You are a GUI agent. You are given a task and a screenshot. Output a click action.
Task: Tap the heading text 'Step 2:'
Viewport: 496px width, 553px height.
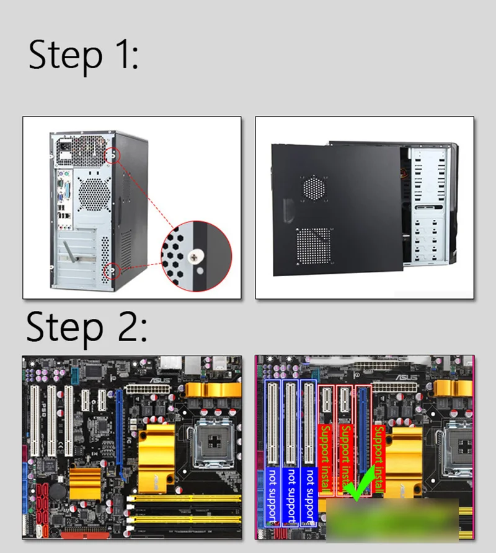(x=86, y=328)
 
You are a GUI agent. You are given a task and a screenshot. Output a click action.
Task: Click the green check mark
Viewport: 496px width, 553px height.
(x=359, y=483)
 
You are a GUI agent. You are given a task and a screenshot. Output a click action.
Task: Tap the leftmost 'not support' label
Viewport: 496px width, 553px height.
(x=273, y=495)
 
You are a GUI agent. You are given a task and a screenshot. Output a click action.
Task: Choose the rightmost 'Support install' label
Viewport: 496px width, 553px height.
(x=379, y=458)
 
